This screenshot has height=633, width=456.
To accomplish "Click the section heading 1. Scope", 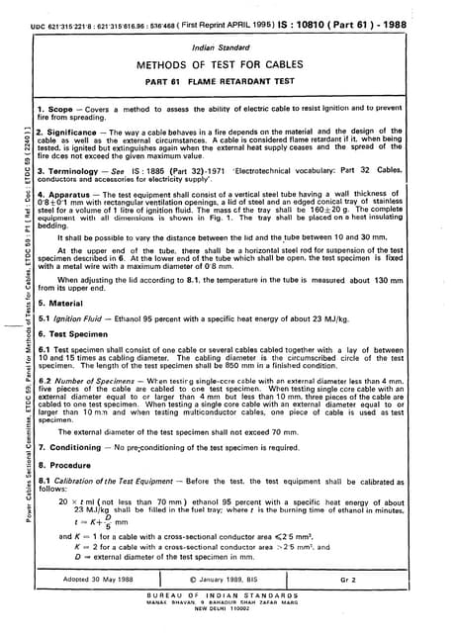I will coord(58,106).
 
